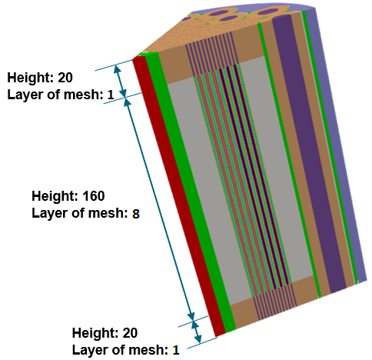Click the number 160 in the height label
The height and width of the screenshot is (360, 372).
[94, 196]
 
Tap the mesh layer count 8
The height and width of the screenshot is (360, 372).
[136, 214]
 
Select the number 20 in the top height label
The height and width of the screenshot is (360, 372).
[65, 78]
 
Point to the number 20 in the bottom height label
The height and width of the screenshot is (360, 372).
[130, 333]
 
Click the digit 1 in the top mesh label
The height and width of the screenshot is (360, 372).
[111, 95]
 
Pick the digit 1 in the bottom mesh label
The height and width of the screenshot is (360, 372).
[176, 350]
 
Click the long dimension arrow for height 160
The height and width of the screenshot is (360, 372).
[159, 209]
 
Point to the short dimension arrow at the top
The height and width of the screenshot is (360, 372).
[120, 81]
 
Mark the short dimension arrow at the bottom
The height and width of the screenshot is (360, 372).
[196, 332]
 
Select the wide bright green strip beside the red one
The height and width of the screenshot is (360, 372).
[190, 192]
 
